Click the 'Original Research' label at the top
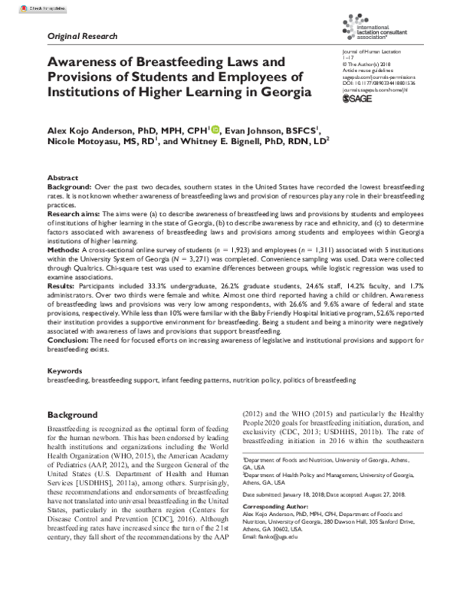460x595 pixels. tap(82, 36)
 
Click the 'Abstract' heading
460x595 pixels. tap(62, 176)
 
